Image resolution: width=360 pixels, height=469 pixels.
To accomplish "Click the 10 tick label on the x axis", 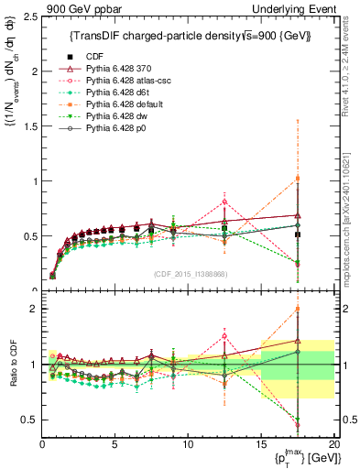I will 188,443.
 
